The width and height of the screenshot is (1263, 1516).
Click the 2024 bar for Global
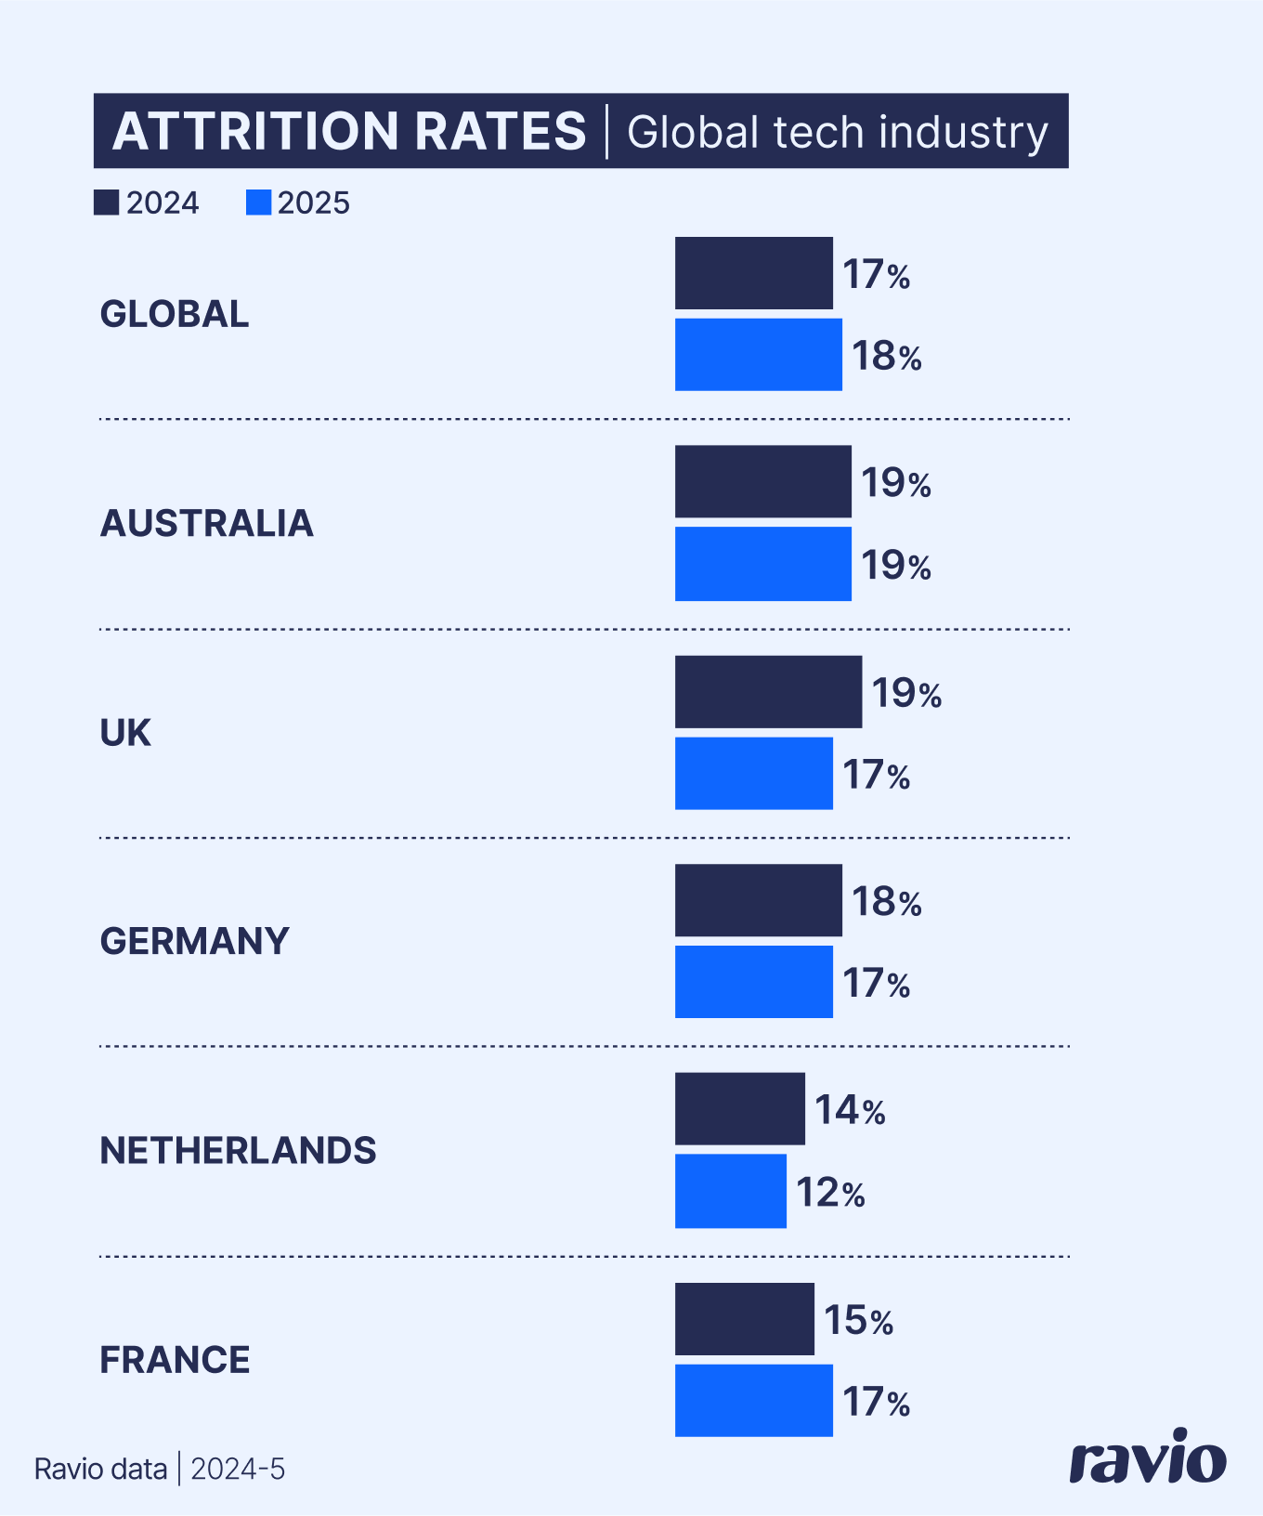point(753,273)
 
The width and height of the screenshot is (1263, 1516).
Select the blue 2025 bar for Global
point(758,355)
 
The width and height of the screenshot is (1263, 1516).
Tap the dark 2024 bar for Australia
point(762,481)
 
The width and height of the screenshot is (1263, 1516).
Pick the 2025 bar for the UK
point(753,773)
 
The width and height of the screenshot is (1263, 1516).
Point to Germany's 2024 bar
point(758,900)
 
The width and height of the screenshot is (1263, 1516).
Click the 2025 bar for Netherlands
point(730,1191)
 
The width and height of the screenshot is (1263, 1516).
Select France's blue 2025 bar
point(753,1400)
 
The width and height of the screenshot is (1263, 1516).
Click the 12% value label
point(830,1193)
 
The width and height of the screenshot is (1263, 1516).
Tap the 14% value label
point(850,1111)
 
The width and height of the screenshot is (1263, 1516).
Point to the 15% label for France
point(858,1321)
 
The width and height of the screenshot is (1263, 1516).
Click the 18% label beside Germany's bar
point(886,902)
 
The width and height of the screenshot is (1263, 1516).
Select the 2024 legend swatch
point(106,203)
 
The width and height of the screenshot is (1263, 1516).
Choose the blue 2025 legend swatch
point(258,203)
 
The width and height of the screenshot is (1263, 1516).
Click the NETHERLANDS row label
point(238,1151)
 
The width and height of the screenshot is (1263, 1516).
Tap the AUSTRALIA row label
point(206,523)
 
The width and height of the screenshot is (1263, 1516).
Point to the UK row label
point(124,733)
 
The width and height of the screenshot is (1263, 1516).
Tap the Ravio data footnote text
point(100,1469)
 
